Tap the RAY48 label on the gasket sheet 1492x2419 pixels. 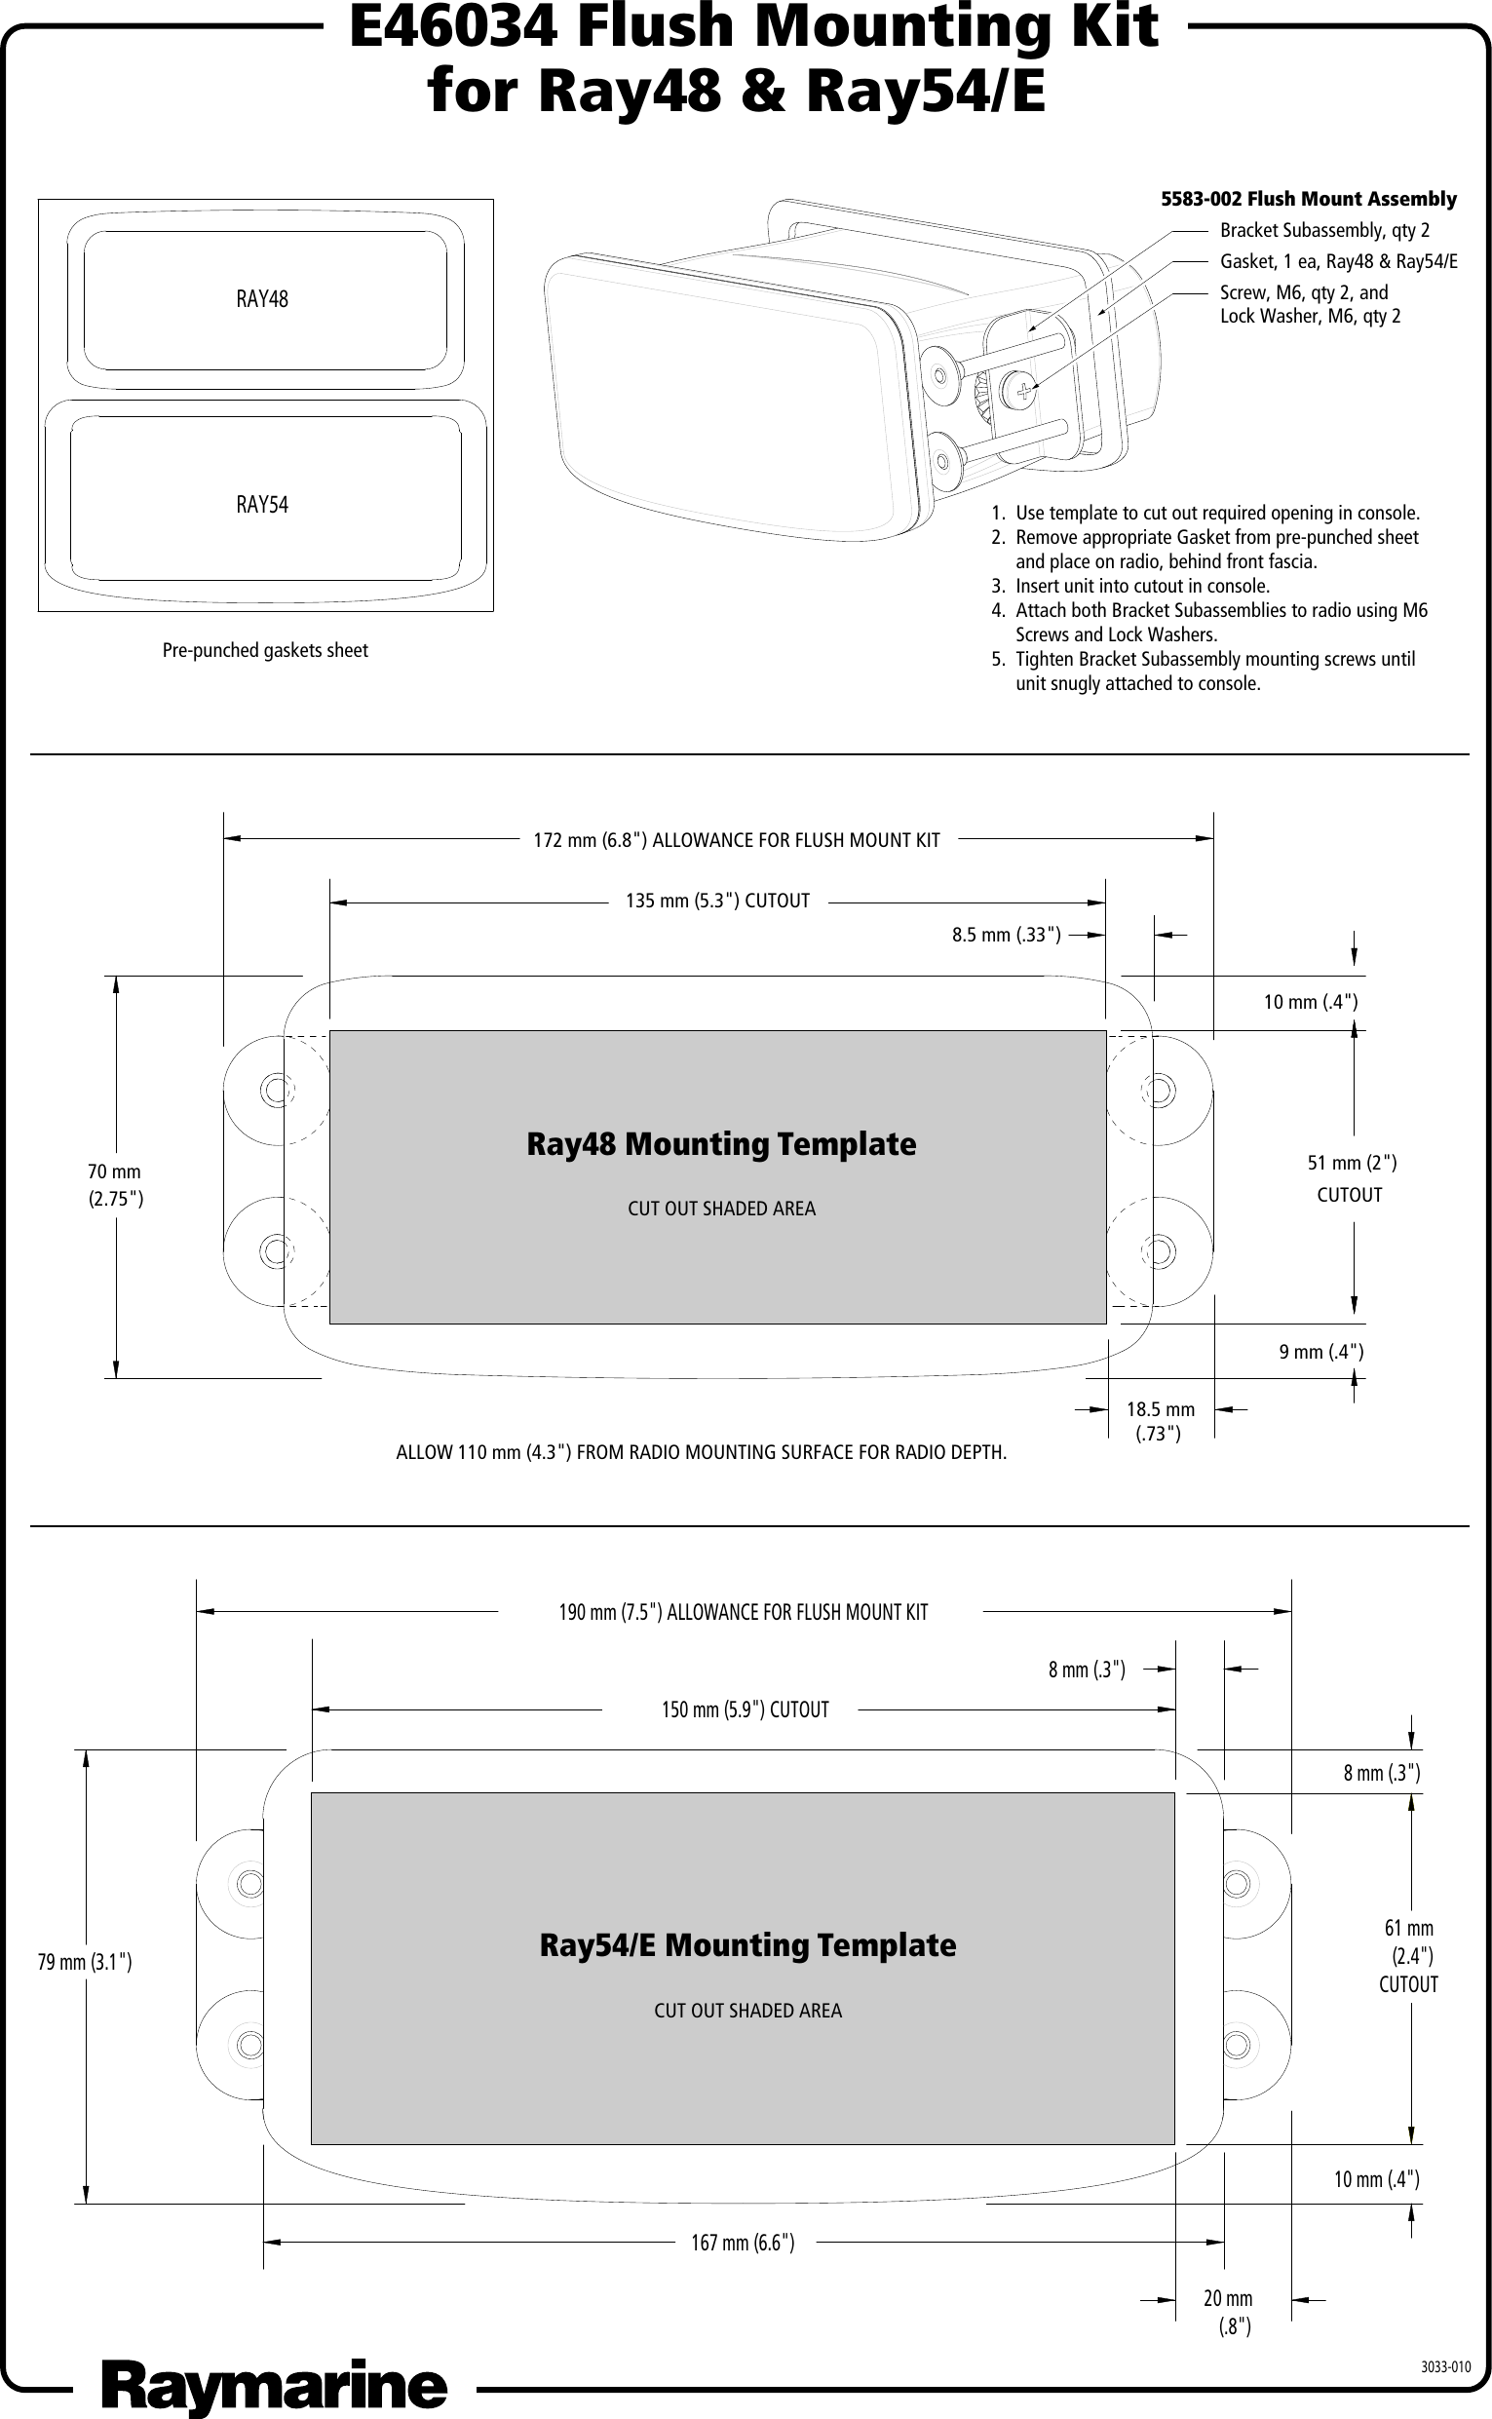(262, 299)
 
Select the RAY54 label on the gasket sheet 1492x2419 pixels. (262, 505)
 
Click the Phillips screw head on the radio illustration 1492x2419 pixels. (1023, 392)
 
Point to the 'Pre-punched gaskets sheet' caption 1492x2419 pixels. (264, 651)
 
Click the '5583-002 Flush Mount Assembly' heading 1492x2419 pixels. (1308, 199)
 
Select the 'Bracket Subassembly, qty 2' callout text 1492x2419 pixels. (1324, 231)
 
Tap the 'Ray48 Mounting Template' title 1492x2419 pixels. (720, 1144)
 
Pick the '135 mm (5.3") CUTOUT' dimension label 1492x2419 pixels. (717, 901)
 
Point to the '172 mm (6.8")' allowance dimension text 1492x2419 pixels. (736, 840)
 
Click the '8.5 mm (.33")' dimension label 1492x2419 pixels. (1006, 935)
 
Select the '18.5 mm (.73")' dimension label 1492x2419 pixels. (1160, 1421)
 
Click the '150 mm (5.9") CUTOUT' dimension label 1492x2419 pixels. (744, 1709)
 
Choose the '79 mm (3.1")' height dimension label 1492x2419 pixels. (85, 1963)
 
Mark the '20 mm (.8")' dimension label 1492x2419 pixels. (1228, 2312)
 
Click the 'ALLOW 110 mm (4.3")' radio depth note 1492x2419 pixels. (701, 1453)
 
